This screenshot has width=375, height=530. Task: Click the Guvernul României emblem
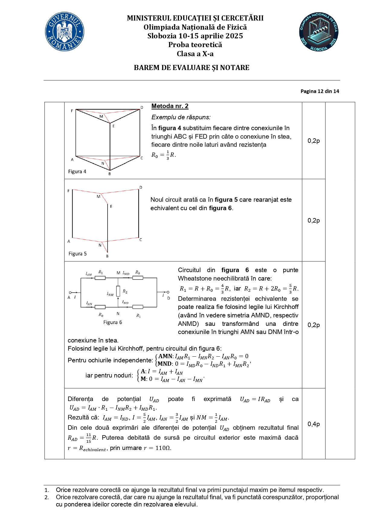(x=65, y=32)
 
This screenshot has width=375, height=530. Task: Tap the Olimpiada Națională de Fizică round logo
(x=318, y=32)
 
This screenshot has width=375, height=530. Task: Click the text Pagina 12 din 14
(x=320, y=91)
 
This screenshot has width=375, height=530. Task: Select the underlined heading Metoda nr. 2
(x=170, y=106)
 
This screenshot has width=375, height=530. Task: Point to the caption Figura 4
(x=77, y=172)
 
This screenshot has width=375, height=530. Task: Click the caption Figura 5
(x=77, y=254)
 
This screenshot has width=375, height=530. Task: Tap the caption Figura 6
(x=112, y=322)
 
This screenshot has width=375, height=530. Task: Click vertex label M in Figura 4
(x=101, y=116)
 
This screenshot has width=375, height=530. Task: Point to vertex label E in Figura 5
(x=111, y=207)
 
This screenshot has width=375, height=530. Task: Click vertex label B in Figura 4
(x=110, y=174)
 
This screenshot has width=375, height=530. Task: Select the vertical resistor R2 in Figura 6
(x=118, y=291)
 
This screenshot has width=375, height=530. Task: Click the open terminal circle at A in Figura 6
(x=70, y=292)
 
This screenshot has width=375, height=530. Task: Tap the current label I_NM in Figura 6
(x=110, y=294)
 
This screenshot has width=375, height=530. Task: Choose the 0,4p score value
(x=314, y=424)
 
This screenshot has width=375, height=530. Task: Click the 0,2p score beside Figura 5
(x=314, y=220)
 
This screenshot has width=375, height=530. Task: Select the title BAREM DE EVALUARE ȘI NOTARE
(x=192, y=68)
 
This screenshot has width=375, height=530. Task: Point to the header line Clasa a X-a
(x=195, y=54)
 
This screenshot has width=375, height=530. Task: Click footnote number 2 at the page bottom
(x=47, y=497)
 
